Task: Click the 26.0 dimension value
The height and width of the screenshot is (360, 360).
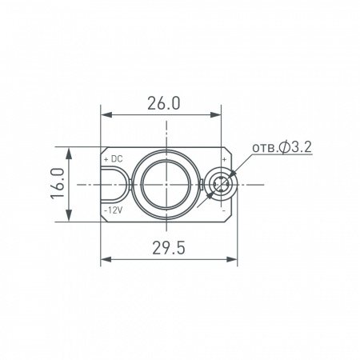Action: (164, 103)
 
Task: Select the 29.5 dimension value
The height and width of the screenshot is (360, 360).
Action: (167, 249)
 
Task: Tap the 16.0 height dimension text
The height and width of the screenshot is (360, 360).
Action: (56, 184)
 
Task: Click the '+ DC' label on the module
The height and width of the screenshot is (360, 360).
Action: (113, 159)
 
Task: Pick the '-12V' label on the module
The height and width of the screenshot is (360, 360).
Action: (113, 209)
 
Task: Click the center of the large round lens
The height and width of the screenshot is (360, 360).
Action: (164, 184)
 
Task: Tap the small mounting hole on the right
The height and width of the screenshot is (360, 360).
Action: (221, 185)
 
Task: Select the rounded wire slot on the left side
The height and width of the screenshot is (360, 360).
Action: (114, 184)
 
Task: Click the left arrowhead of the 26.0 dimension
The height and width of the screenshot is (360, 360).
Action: (105, 115)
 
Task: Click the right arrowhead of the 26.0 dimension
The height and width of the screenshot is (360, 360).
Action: (224, 115)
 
